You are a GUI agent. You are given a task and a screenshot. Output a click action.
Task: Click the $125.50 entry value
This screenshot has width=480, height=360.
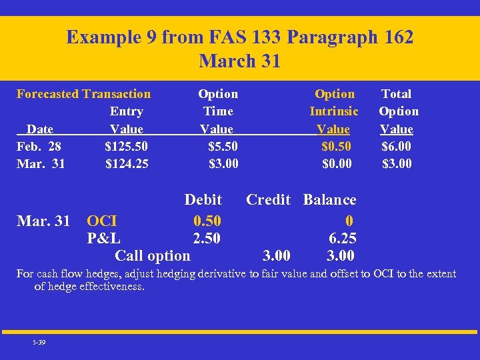[127, 146]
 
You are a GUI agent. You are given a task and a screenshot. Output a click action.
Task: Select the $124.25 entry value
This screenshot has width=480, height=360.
[127, 163]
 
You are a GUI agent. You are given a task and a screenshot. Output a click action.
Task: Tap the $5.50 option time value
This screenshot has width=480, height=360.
[223, 146]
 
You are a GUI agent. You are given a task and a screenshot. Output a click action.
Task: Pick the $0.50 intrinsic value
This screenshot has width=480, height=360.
[336, 146]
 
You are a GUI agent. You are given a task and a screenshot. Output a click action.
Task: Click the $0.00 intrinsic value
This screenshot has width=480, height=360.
[336, 163]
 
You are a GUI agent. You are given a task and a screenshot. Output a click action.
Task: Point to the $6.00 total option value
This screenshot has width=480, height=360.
[397, 146]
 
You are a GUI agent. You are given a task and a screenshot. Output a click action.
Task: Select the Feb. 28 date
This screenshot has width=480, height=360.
[41, 146]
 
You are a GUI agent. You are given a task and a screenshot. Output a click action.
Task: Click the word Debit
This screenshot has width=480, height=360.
[203, 200]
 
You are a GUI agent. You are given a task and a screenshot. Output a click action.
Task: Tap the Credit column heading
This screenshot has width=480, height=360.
[268, 200]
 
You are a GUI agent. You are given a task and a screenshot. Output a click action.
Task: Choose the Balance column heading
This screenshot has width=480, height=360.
[329, 200]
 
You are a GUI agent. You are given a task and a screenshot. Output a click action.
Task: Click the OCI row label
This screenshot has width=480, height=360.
[102, 221]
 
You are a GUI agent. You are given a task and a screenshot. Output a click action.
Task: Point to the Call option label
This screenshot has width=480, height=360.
[153, 255]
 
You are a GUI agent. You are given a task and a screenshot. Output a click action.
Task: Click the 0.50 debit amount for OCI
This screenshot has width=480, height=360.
[207, 221]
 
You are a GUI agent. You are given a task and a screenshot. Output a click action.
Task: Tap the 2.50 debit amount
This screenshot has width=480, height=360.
[207, 238]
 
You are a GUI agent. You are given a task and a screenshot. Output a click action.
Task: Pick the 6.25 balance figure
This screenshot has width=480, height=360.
[343, 238]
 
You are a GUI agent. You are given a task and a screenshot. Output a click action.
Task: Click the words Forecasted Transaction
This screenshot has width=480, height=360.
[83, 94]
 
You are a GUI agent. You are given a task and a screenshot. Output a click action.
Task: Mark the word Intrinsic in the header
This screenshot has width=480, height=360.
[334, 111]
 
